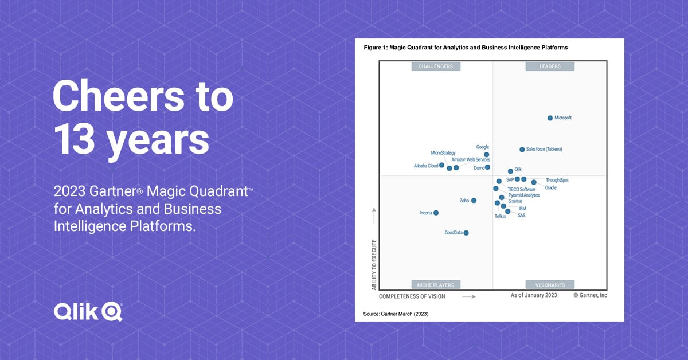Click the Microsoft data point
tap(550, 118)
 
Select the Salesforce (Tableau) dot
tap(522, 150)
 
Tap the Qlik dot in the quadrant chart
tap(510, 171)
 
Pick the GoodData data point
tap(466, 233)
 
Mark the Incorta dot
tap(436, 213)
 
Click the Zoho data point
tap(474, 201)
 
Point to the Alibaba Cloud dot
tap(442, 165)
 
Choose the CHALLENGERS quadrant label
tap(436, 66)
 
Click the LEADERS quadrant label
tap(550, 66)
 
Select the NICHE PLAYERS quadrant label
tap(436, 285)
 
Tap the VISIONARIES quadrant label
tap(550, 285)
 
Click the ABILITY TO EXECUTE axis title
tap(374, 264)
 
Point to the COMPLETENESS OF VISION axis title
tap(412, 296)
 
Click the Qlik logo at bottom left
tap(88, 311)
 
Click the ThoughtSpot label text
tap(557, 181)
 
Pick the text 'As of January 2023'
tap(534, 295)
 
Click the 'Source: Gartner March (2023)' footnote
tap(396, 314)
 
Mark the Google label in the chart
tap(483, 147)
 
